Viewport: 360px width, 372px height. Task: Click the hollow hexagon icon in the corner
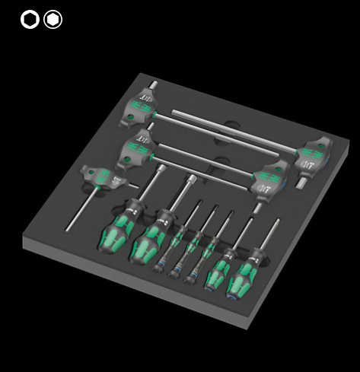[x=30, y=20]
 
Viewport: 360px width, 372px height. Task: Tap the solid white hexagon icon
[x=53, y=20]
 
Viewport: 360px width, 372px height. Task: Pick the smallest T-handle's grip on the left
[x=103, y=178]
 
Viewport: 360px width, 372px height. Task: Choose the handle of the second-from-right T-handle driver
[x=272, y=177]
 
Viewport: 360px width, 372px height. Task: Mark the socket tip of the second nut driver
[x=191, y=181]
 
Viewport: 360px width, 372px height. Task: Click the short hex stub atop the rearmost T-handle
[x=153, y=84]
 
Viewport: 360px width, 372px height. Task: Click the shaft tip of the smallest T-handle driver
[x=68, y=228]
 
